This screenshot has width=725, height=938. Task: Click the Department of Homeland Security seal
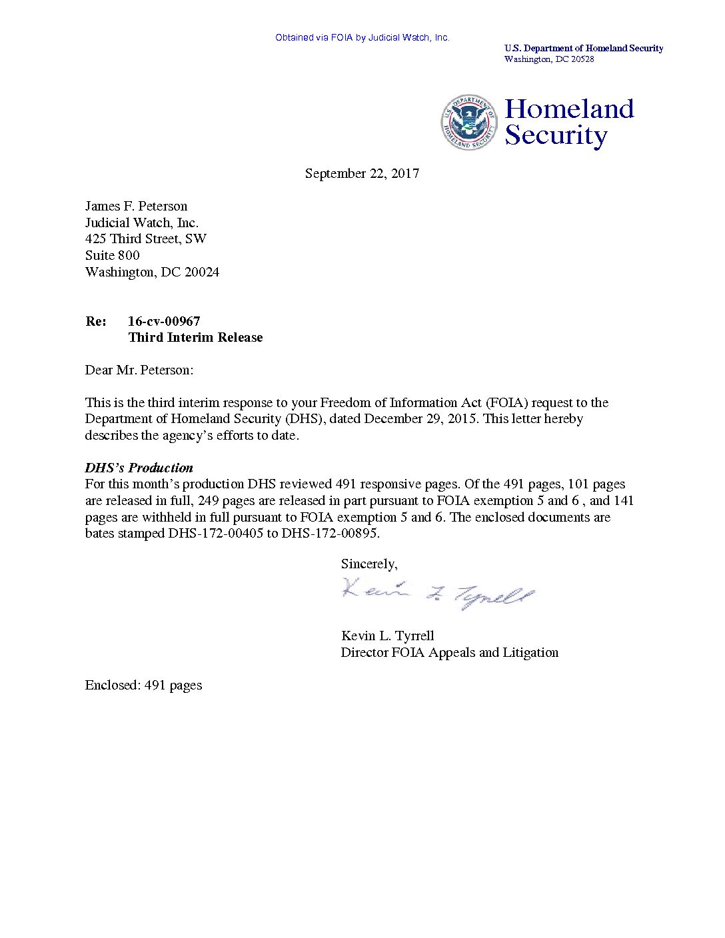tap(468, 123)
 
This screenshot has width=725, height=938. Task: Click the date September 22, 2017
tap(362, 174)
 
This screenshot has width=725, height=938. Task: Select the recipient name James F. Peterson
tap(136, 207)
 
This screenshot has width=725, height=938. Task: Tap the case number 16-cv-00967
tap(164, 321)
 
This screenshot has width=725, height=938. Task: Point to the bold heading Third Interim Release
tap(195, 338)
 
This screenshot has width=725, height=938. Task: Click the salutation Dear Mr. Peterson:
tap(139, 370)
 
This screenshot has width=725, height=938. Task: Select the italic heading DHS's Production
tap(139, 468)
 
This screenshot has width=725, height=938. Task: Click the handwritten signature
tap(437, 594)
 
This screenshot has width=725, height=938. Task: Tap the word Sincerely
tap(368, 564)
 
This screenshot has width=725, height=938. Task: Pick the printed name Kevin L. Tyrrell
tap(387, 636)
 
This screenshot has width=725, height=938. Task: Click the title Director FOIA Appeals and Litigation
tap(449, 652)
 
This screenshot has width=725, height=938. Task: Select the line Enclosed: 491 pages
tap(143, 686)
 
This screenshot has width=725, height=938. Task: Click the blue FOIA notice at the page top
tap(362, 38)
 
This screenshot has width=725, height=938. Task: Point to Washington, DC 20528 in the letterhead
tap(548, 59)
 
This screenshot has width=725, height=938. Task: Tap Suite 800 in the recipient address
tap(112, 256)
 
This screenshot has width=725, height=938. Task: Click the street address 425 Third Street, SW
tap(145, 239)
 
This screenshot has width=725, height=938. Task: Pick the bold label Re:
tap(96, 321)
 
